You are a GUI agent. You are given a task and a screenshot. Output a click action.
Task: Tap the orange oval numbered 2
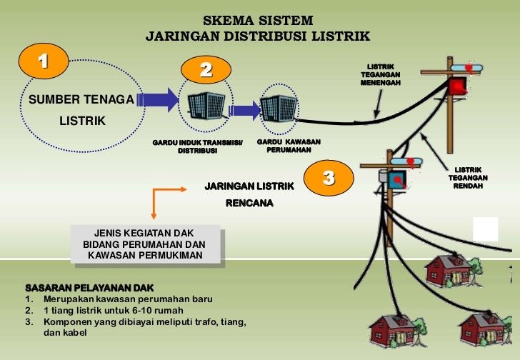pos(206,69)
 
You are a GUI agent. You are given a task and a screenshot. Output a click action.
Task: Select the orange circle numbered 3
pos(329,178)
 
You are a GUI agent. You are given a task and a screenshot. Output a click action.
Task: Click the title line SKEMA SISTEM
pos(259,19)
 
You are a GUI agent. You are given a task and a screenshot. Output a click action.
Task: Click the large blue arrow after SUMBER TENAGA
pos(161,99)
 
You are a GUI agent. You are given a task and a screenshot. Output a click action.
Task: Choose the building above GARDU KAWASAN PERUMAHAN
pos(278,107)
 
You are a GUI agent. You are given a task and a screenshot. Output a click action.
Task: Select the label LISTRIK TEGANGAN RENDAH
pos(468,177)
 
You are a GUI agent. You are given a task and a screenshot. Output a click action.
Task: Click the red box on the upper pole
pos(457,86)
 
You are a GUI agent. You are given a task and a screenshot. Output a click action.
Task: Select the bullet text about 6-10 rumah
pos(114,311)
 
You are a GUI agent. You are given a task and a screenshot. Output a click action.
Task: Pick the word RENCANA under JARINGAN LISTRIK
pos(249,203)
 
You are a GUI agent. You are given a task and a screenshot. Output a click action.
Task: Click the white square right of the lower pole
pos(486,230)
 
